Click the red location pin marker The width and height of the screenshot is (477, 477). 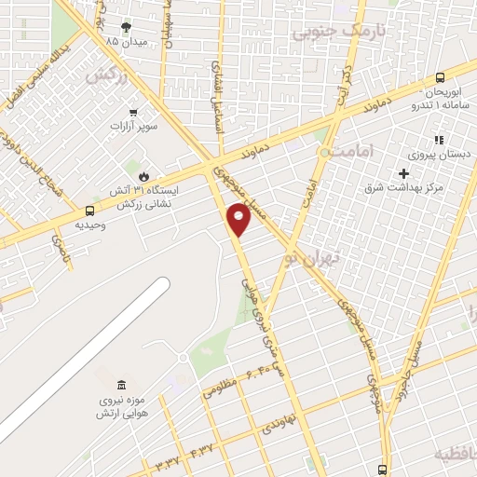[239, 220]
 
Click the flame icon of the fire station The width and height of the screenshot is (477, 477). [143, 174]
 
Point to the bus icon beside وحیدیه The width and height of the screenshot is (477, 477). [89, 211]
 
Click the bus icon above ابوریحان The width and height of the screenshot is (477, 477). [440, 78]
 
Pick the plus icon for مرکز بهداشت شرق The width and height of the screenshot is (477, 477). [402, 173]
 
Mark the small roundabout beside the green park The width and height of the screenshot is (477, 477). [184, 358]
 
